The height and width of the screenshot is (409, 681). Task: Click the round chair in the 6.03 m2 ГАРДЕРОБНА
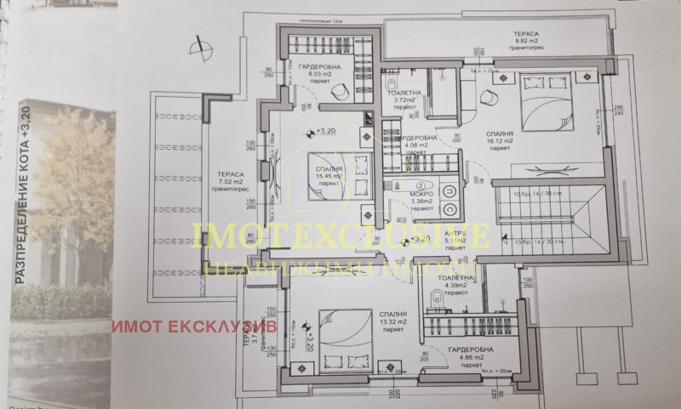coord(339,91)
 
